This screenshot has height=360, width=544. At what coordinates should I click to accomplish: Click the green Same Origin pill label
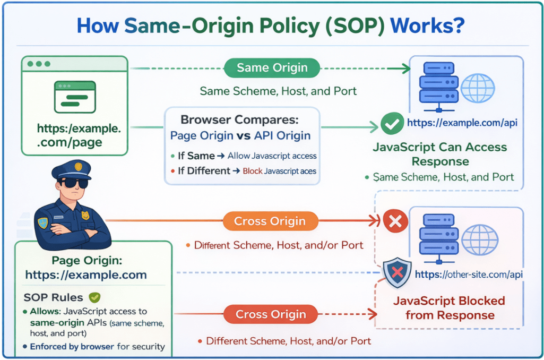(x=272, y=68)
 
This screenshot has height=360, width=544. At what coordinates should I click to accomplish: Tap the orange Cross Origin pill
(x=271, y=221)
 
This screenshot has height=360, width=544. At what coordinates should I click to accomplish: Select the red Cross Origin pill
(x=271, y=314)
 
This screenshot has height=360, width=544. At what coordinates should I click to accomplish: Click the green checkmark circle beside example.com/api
(x=392, y=123)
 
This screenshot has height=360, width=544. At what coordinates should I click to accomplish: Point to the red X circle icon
(x=395, y=221)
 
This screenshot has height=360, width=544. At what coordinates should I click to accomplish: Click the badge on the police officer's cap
(x=79, y=167)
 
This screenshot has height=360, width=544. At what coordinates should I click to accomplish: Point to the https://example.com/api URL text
(x=462, y=123)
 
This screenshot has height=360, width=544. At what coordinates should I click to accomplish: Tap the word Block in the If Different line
(x=252, y=172)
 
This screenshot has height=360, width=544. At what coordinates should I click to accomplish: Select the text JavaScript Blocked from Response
(x=449, y=308)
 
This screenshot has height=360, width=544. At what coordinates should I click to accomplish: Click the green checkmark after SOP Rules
(x=94, y=297)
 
